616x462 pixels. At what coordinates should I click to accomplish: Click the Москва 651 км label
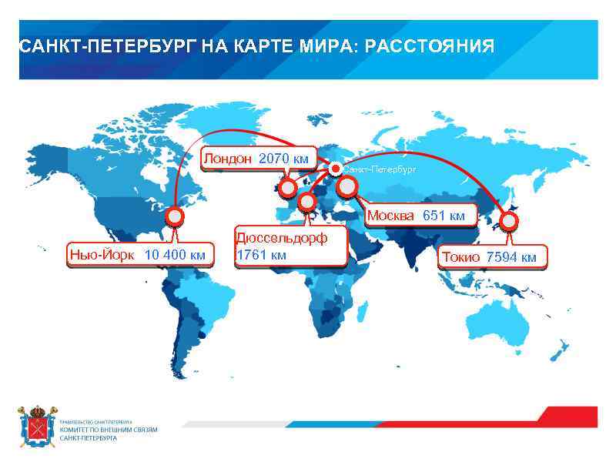tap(416, 216)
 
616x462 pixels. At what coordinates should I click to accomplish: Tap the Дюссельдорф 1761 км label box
tap(281, 246)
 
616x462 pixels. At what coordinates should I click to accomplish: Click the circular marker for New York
tap(176, 217)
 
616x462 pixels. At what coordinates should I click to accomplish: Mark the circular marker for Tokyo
tap(509, 222)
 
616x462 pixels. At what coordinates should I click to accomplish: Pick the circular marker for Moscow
tap(347, 186)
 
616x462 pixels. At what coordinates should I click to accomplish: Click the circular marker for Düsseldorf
tap(307, 203)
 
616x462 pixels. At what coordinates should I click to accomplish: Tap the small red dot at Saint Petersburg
tap(335, 168)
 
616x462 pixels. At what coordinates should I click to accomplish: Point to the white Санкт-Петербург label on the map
tap(380, 168)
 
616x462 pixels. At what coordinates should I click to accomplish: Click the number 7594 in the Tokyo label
tap(500, 257)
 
